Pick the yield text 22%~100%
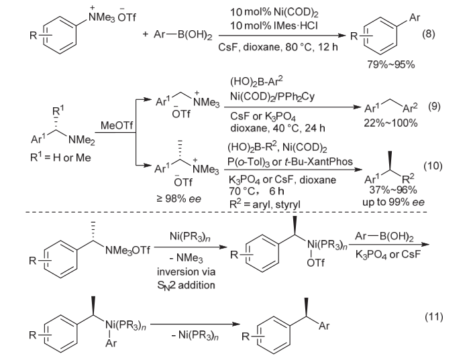(399, 122)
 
